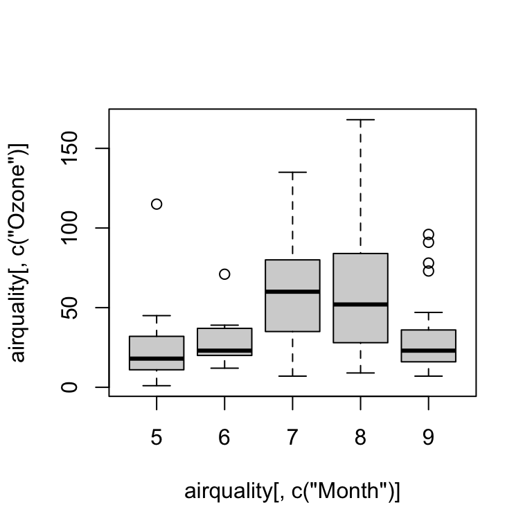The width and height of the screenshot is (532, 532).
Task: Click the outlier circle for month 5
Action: click(157, 204)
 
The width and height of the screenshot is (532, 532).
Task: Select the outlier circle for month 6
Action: click(224, 274)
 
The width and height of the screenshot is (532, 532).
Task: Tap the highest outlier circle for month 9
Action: click(428, 235)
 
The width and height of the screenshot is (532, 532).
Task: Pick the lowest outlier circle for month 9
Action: click(428, 271)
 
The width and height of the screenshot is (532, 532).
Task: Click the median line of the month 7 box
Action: click(292, 292)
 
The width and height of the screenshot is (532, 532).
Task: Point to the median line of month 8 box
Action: click(360, 304)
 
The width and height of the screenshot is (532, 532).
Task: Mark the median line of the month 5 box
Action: click(157, 358)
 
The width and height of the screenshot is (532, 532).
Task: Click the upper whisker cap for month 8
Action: click(360, 120)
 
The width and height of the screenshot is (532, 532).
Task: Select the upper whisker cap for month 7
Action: click(292, 172)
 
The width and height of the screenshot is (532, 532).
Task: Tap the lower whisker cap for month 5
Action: click(157, 385)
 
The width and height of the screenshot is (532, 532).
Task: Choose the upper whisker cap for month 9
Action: click(428, 312)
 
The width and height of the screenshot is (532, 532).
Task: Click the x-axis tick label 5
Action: click(157, 438)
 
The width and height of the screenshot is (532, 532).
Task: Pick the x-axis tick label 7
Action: click(292, 438)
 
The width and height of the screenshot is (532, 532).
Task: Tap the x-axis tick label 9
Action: click(428, 438)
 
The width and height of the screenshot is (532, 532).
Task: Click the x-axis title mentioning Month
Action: click(292, 491)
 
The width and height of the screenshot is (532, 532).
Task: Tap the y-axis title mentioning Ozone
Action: click(19, 252)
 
